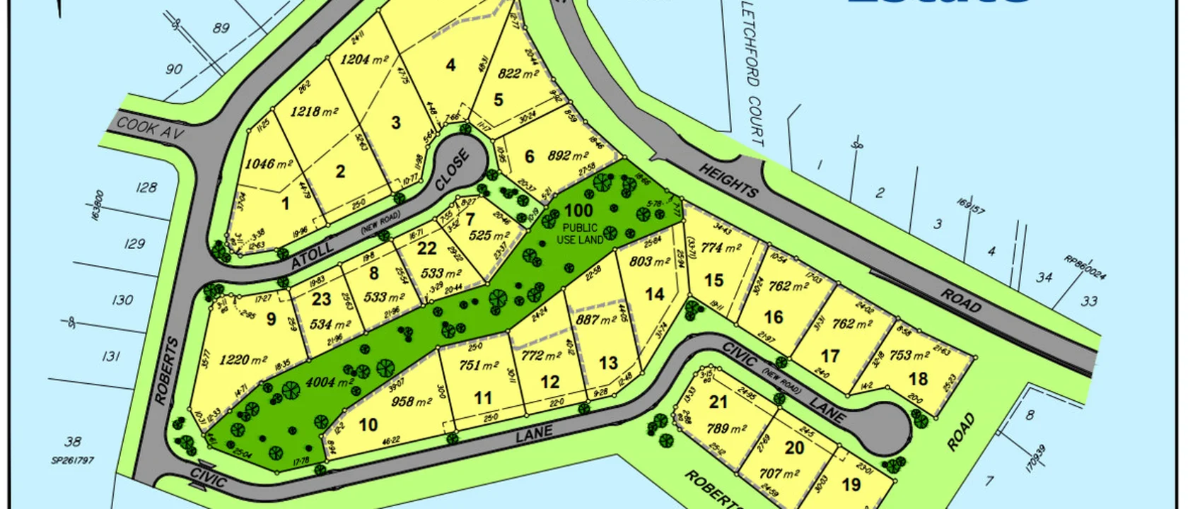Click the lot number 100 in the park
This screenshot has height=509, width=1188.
(x=578, y=210)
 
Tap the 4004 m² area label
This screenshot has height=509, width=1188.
(x=330, y=382)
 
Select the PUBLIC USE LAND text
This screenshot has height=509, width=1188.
(x=580, y=234)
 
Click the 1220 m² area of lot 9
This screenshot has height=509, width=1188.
(x=244, y=360)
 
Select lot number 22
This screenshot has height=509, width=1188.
(x=426, y=248)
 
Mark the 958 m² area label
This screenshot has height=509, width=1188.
(x=411, y=402)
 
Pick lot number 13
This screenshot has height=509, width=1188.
(x=608, y=363)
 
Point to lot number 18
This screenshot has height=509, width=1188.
(x=918, y=380)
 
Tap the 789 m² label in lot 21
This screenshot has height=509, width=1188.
(x=727, y=428)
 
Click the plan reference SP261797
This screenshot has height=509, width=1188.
(x=72, y=460)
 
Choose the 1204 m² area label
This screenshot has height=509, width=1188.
(x=364, y=60)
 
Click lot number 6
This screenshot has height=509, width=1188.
(x=529, y=156)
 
